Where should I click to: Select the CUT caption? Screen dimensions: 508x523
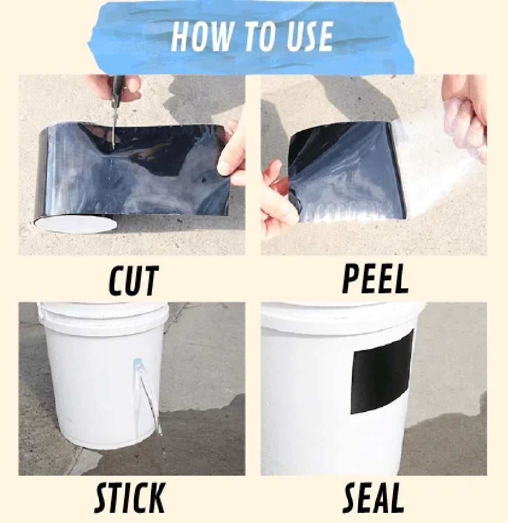tap(133, 281)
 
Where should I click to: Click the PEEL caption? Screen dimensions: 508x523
tap(375, 279)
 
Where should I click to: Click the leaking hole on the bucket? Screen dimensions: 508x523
tap(138, 363)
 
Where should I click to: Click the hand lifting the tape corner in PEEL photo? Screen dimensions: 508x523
tap(277, 200)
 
